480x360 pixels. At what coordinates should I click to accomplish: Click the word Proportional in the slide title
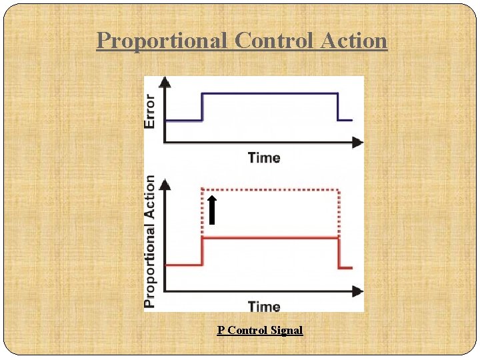click(162, 41)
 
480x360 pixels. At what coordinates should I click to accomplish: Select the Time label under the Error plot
click(264, 158)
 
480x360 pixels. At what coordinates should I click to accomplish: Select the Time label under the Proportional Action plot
click(264, 307)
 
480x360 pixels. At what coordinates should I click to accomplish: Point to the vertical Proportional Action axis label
click(151, 241)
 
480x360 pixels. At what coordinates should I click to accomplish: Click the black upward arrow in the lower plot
click(211, 209)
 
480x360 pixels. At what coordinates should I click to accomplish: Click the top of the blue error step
click(270, 93)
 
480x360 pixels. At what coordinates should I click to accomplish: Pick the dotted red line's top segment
click(270, 189)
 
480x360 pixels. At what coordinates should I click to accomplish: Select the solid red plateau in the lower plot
click(270, 237)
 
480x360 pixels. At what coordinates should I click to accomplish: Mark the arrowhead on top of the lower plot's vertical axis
click(165, 182)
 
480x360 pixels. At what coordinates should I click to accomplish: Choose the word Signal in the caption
click(286, 330)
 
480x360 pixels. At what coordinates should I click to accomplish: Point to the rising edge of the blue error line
click(202, 107)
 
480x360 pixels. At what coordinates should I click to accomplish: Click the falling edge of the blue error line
click(338, 107)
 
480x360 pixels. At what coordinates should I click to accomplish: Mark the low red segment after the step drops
click(345, 267)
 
